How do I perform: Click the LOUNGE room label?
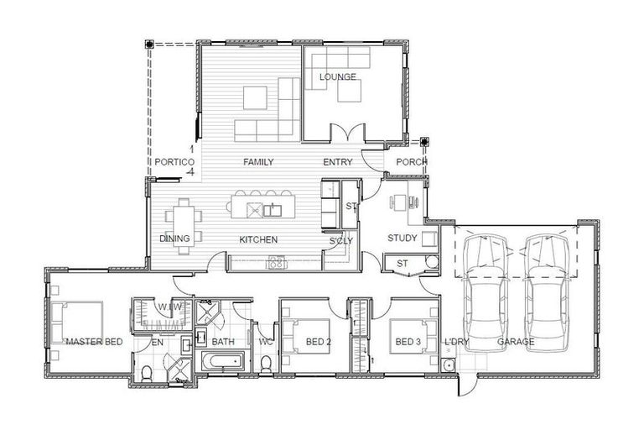click(338, 77)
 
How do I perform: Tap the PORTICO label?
click(174, 162)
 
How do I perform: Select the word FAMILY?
click(258, 162)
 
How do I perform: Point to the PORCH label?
click(411, 162)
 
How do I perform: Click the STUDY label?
click(402, 238)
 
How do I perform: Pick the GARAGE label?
click(516, 342)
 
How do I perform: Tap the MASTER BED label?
click(95, 342)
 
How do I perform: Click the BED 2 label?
click(319, 342)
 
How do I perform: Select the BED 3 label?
click(408, 342)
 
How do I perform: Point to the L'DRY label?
click(457, 342)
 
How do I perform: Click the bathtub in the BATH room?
click(222, 362)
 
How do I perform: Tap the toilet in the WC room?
click(266, 364)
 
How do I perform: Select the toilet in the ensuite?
click(147, 374)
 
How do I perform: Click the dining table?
click(184, 226)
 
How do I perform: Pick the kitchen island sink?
click(273, 210)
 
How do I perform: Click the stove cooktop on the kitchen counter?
click(277, 263)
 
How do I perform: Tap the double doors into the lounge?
click(348, 132)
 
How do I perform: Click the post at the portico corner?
click(149, 44)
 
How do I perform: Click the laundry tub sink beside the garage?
click(448, 364)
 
